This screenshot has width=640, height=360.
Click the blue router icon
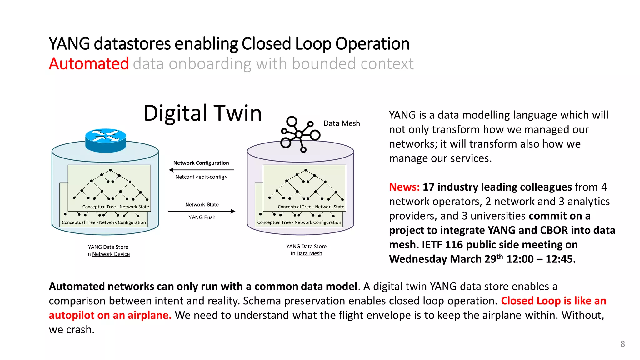106,140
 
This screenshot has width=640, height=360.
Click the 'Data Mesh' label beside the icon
342,123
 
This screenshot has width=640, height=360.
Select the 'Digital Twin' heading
202,113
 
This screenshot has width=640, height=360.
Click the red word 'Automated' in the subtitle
89,64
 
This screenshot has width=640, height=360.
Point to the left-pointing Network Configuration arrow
201,170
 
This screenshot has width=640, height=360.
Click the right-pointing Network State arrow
202,212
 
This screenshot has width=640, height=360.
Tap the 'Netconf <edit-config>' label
201,177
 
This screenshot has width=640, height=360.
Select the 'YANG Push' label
202,217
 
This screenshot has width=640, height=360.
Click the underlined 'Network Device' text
111,254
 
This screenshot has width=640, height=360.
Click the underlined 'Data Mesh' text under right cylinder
309,254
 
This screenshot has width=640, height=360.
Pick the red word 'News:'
404,187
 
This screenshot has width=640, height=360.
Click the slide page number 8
622,344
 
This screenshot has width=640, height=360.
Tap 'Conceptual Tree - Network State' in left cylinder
116,207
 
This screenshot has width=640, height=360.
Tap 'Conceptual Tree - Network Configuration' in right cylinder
299,222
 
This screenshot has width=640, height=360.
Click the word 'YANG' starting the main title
69,44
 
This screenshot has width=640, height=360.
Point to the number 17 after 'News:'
428,187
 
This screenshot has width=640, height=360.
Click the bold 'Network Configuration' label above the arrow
201,163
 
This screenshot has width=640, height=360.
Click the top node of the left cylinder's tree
111,170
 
